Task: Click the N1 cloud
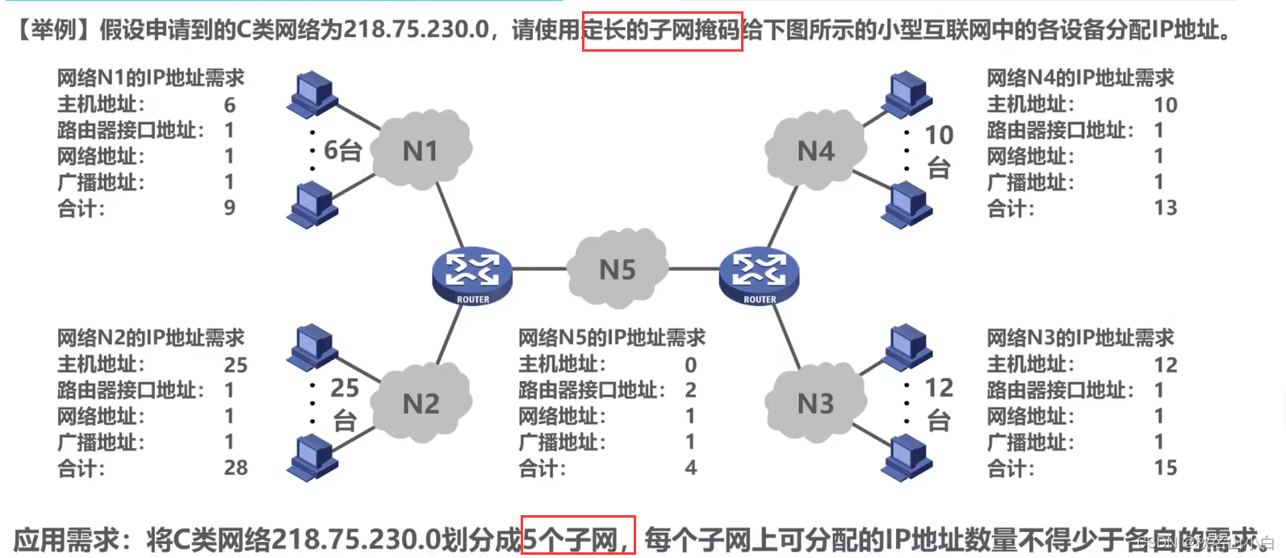pos(421,151)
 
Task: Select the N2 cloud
pos(421,404)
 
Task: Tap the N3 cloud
pos(815,404)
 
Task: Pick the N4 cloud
pos(815,151)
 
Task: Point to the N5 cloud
pos(618,270)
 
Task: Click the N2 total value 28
pos(236,468)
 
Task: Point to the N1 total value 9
pos(229,208)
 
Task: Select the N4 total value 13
pos(1165,208)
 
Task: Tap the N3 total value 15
pos(1165,468)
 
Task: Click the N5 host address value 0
pos(690,365)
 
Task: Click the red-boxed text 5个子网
pos(577,536)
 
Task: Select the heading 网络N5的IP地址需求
pos(612,338)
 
